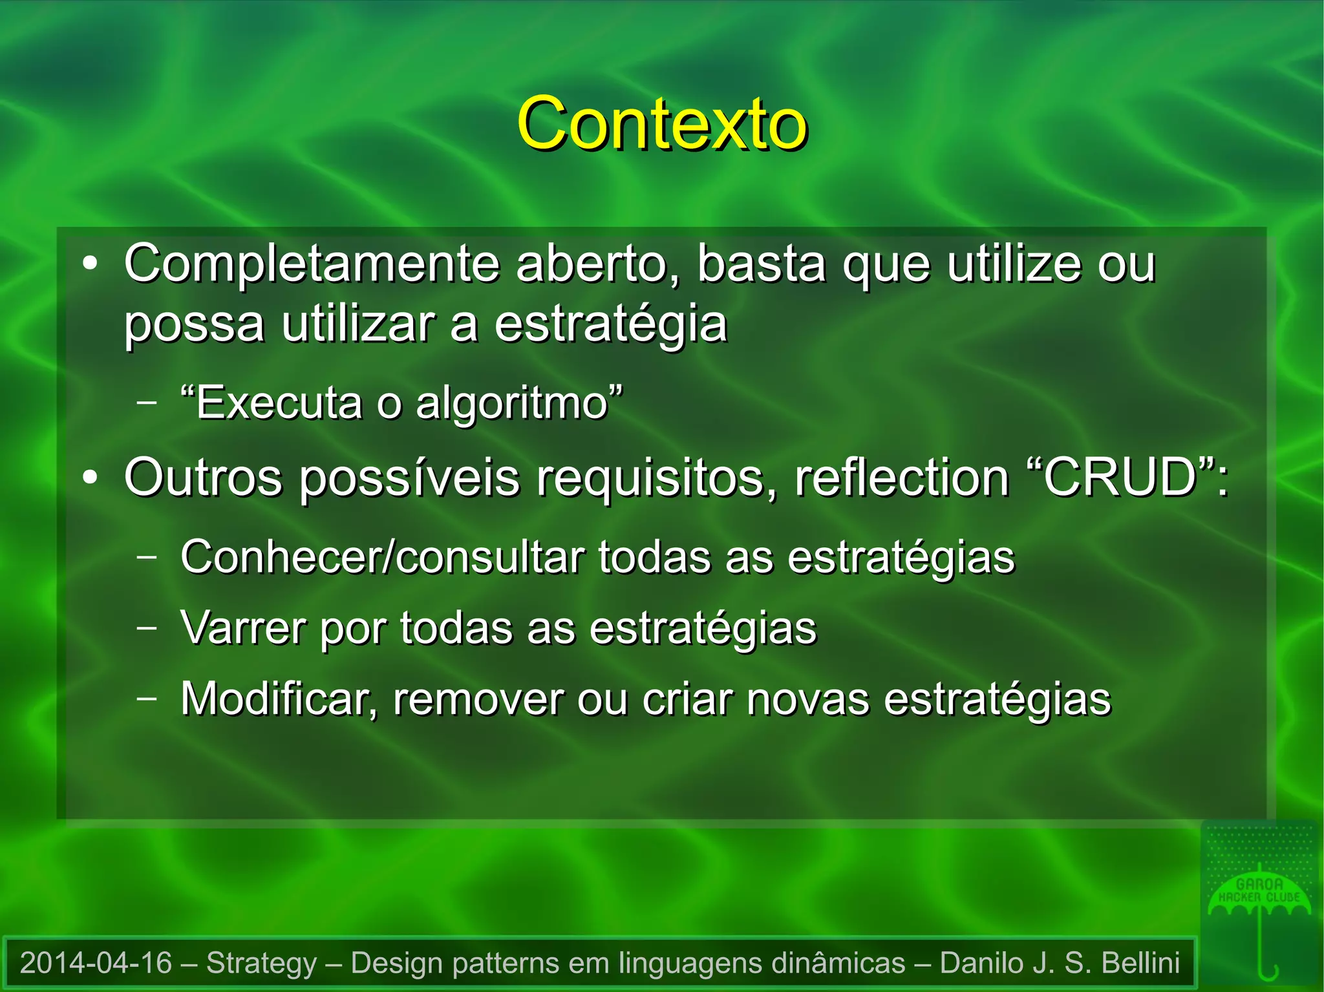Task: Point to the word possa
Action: tap(194, 324)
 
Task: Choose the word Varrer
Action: tap(243, 628)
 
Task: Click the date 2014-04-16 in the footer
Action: tap(96, 963)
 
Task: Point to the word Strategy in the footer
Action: tap(261, 963)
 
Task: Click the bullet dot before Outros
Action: tap(91, 478)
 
